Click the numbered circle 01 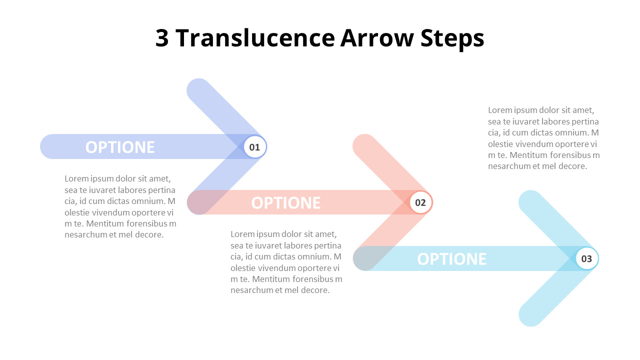(x=255, y=147)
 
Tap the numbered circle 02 (x=420, y=202)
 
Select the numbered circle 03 (x=586, y=258)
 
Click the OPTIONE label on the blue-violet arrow (x=120, y=147)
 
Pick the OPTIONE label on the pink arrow (x=286, y=202)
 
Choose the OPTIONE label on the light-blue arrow (x=451, y=258)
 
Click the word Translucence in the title (x=254, y=38)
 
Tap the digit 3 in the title (x=162, y=38)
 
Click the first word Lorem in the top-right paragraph (x=499, y=110)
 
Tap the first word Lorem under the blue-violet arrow (x=76, y=178)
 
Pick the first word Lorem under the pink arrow (x=242, y=234)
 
